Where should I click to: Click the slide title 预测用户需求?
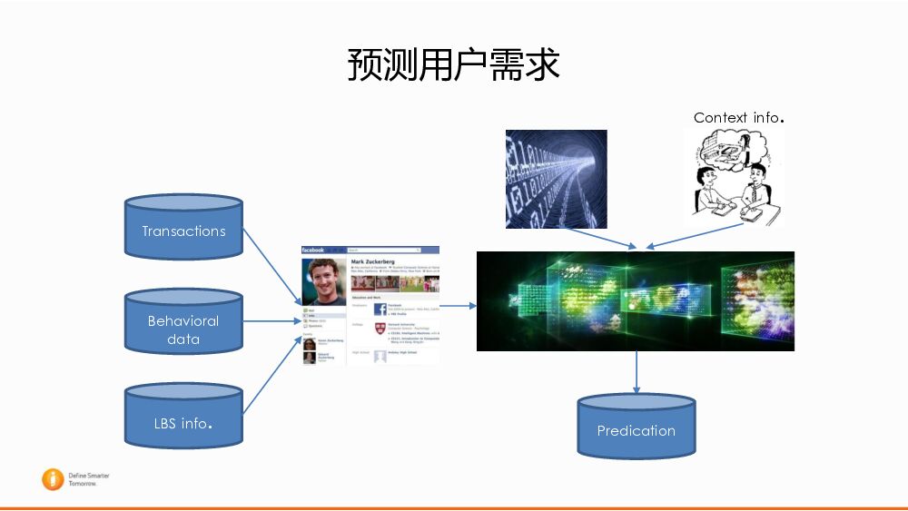click(x=453, y=65)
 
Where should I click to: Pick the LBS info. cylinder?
click(x=183, y=421)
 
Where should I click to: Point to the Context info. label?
click(x=738, y=117)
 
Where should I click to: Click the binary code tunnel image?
click(x=556, y=179)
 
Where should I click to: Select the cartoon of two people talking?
click(x=734, y=177)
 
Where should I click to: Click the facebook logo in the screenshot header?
click(x=313, y=250)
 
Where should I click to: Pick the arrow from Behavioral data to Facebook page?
click(x=271, y=321)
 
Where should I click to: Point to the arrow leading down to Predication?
click(x=637, y=372)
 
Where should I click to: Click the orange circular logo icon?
click(x=53, y=479)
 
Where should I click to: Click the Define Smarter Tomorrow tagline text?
click(x=88, y=479)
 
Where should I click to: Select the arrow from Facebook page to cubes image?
click(x=458, y=306)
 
